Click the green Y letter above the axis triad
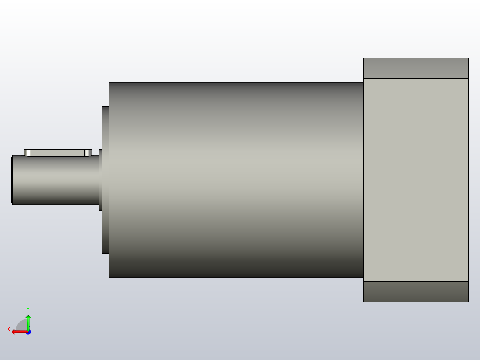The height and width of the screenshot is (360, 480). pos(28,309)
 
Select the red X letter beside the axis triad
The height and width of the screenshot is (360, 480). pos(9,330)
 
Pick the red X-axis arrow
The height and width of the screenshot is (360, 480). pos(18,331)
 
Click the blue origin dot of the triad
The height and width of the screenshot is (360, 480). pos(28,331)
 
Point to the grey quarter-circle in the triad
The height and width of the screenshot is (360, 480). pos(22,326)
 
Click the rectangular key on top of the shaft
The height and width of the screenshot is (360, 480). pos(58,153)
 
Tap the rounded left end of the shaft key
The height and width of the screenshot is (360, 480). pos(27,153)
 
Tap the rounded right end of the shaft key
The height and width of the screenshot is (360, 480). pos(88,153)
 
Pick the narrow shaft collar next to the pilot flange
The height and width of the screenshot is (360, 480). pos(100,180)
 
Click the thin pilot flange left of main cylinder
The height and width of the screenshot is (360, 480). pos(105,180)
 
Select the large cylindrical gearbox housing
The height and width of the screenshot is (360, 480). pos(236,180)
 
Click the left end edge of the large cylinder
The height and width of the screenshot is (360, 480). pos(109,180)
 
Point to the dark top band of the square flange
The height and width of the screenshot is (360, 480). pos(416,68)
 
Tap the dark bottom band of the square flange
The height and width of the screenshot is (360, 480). pos(416,291)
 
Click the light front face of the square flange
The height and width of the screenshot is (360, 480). pos(416,180)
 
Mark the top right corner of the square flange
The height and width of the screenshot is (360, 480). pos(468,59)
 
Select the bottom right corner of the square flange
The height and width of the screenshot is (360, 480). pos(468,301)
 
